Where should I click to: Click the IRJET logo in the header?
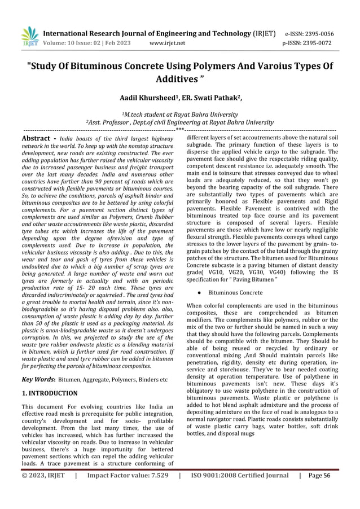click(29, 37)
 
